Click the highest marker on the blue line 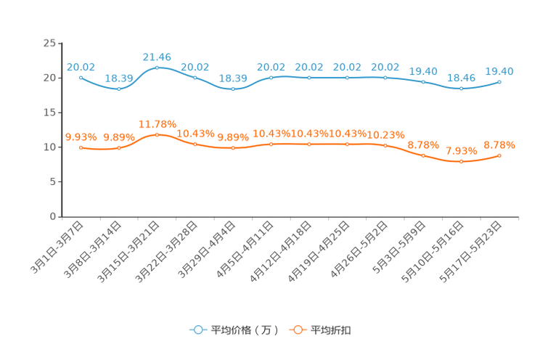(157, 67)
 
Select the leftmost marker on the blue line (81, 76)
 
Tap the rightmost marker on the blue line (499, 81)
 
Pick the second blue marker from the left (118, 89)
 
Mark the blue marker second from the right (461, 88)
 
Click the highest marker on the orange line (157, 135)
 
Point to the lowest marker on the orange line (461, 161)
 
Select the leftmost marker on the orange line (81, 147)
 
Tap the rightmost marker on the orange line (499, 155)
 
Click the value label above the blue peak (157, 56)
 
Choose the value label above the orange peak (157, 124)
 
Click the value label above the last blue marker (499, 70)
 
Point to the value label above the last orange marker (499, 145)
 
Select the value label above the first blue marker (81, 66)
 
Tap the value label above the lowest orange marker (461, 150)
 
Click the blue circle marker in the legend (198, 330)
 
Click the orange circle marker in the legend (298, 330)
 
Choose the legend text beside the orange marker (331, 330)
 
